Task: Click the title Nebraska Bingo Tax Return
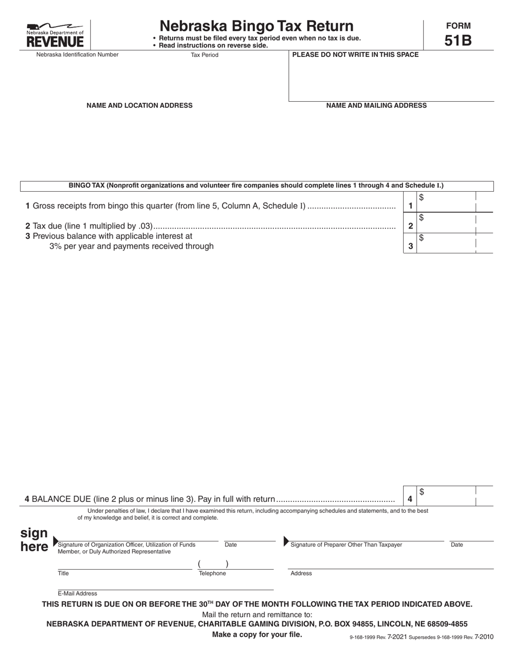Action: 256,26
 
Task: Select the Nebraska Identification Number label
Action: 77,55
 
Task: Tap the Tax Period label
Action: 205,55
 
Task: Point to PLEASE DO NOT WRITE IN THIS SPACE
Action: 355,55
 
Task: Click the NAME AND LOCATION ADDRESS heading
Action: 139,106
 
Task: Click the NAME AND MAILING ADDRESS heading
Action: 376,106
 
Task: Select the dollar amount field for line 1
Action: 447,202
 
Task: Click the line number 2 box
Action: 411,226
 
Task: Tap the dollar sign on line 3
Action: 421,238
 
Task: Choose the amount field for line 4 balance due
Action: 447,496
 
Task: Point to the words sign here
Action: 34,540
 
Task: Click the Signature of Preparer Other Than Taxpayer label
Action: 346,545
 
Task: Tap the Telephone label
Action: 212,573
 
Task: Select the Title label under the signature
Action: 63,573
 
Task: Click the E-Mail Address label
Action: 77,593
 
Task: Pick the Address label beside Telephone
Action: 301,573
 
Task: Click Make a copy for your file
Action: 257,635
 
